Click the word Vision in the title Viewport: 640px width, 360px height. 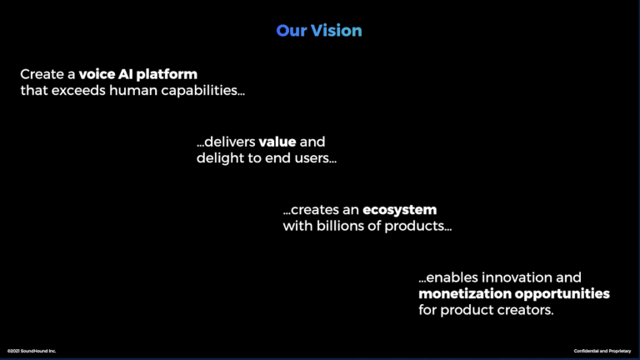point(336,31)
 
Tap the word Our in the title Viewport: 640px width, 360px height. point(292,31)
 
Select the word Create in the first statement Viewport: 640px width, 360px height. point(42,74)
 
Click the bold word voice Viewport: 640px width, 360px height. point(97,74)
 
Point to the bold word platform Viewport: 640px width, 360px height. point(167,75)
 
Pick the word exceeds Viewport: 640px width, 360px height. point(78,90)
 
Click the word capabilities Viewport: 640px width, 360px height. point(202,91)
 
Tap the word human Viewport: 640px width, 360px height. point(133,90)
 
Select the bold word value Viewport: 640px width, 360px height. point(277,142)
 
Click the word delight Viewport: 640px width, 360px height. point(220,158)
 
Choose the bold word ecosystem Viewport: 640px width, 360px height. point(399,210)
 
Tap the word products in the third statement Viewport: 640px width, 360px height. point(417,227)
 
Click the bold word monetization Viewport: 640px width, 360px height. point(465,293)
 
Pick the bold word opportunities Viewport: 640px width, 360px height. point(562,294)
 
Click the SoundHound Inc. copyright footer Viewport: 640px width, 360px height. point(32,351)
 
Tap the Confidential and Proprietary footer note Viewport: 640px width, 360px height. point(602,351)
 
